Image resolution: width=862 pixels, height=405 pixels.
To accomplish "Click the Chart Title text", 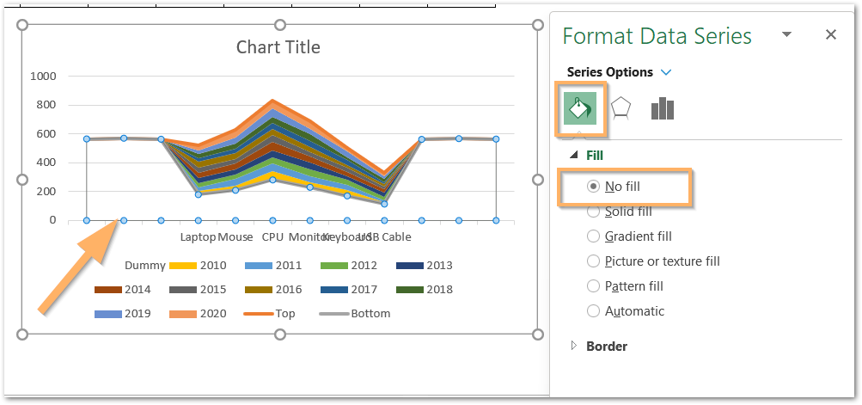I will [x=278, y=46].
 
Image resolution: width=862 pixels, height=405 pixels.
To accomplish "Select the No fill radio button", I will [x=593, y=187].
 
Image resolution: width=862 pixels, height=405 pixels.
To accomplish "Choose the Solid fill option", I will [x=593, y=212].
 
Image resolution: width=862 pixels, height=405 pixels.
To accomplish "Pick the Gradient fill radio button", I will [x=593, y=236].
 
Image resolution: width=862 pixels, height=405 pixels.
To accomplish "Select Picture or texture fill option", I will [x=593, y=261].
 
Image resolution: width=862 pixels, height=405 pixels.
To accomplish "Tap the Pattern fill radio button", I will [x=593, y=286].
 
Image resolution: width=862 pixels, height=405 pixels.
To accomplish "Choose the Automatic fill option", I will [x=593, y=311].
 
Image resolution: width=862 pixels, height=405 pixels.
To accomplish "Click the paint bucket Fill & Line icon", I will [x=580, y=108].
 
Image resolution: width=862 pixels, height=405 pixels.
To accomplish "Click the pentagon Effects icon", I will [x=621, y=109].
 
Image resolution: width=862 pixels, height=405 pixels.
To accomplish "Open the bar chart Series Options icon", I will [x=662, y=109].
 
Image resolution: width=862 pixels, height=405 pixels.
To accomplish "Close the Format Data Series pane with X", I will [x=830, y=35].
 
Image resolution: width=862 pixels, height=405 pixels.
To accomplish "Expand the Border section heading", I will [x=607, y=347].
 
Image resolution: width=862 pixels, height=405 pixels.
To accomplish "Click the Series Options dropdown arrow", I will [x=666, y=73].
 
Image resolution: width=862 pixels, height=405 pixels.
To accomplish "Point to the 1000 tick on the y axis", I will [x=43, y=76].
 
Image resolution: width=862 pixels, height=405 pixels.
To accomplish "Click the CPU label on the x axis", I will [x=272, y=236].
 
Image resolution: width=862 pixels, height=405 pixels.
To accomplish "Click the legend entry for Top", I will [x=284, y=314].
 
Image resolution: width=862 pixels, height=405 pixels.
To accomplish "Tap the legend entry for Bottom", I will [x=370, y=314].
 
